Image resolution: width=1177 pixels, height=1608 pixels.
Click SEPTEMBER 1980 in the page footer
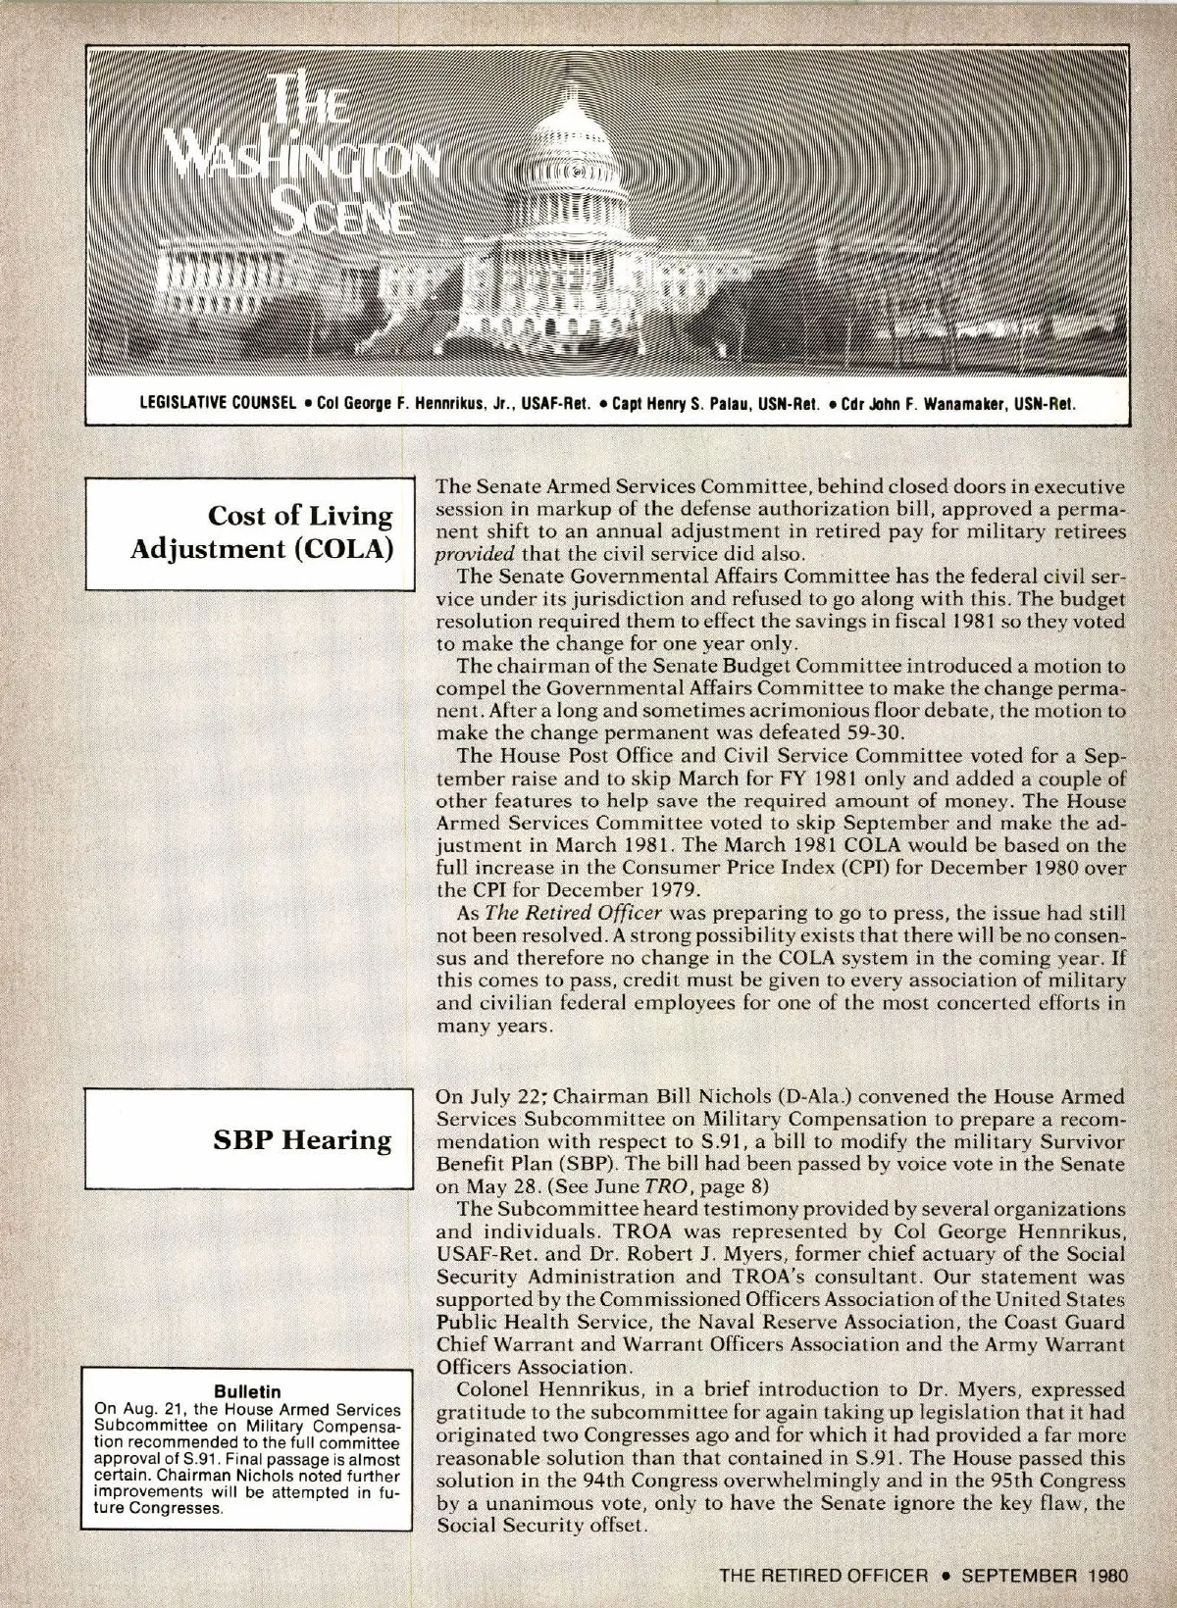(1046, 1576)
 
